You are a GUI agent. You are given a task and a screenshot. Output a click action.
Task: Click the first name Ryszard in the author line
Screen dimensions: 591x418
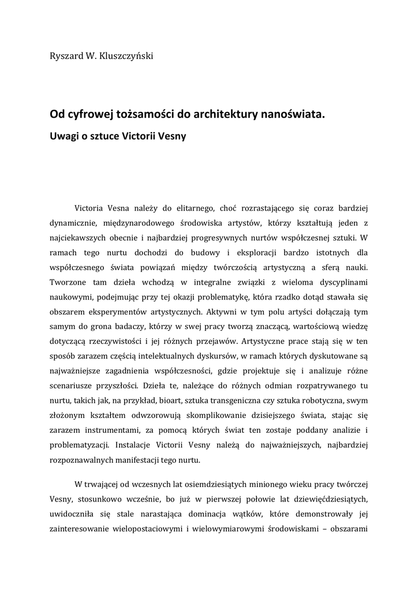tap(66, 56)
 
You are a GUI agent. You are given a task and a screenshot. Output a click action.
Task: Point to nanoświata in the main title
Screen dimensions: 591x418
tap(293, 115)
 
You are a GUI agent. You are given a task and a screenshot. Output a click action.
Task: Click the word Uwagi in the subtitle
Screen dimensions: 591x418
tap(65, 139)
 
